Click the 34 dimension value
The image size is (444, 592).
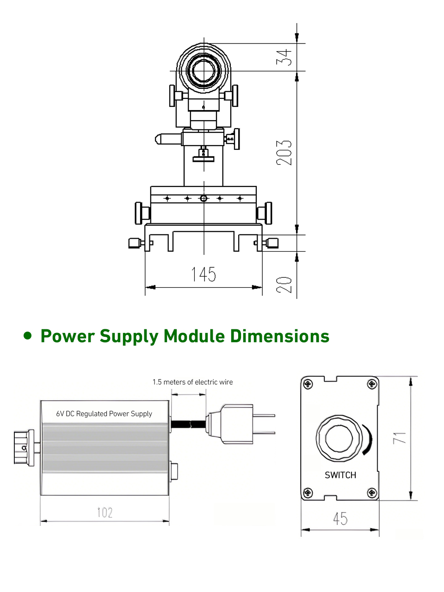(x=284, y=57)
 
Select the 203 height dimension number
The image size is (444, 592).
(x=284, y=153)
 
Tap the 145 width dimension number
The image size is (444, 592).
(x=204, y=274)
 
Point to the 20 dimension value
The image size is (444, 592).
(x=284, y=284)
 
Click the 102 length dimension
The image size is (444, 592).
(x=105, y=512)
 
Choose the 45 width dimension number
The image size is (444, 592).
(x=340, y=519)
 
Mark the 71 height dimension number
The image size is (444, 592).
(x=400, y=438)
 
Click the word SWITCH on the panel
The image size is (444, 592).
(x=340, y=475)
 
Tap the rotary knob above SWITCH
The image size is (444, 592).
(x=338, y=438)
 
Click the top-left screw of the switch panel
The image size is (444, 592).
(x=308, y=384)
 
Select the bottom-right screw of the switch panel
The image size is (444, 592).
(x=372, y=493)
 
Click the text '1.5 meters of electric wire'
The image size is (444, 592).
(x=193, y=382)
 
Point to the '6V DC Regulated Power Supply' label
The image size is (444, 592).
(x=104, y=413)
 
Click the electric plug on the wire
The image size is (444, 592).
(x=236, y=424)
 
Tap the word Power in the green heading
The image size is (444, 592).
(x=68, y=336)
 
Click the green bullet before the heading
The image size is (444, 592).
(x=29, y=335)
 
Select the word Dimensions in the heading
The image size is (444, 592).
(x=280, y=336)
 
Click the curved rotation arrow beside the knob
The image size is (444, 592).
(x=368, y=439)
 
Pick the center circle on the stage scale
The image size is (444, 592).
(x=203, y=198)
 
